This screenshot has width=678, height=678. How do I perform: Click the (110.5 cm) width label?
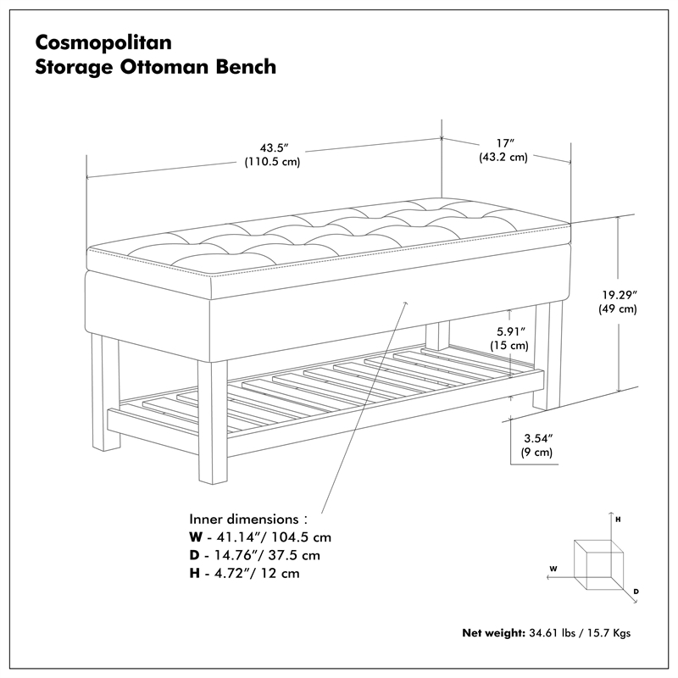coord(271,162)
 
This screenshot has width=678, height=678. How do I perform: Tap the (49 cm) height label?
coord(620,309)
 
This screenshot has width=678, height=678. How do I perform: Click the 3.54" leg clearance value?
coord(537,438)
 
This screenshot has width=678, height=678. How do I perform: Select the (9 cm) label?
coord(537,453)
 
